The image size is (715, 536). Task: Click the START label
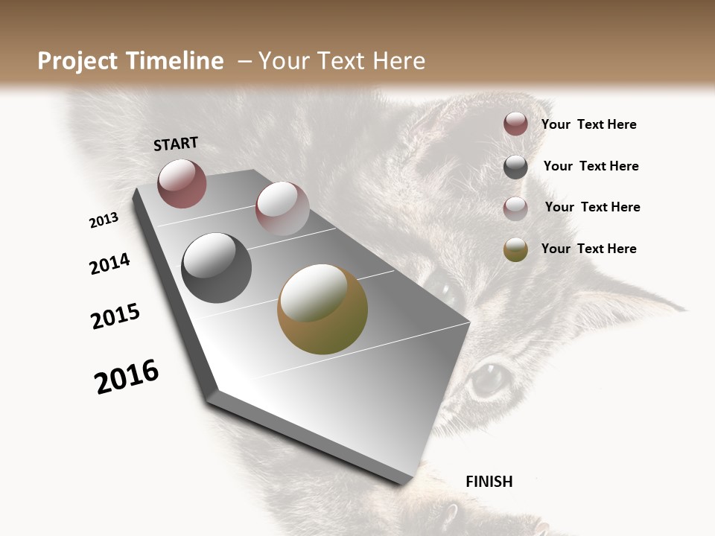click(176, 144)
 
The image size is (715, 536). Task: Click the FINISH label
click(489, 482)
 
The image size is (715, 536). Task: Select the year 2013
click(104, 220)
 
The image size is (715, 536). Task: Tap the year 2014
click(109, 264)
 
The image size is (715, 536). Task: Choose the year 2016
click(127, 377)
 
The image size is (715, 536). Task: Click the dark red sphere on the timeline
click(182, 184)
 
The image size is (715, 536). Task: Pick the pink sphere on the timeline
click(282, 208)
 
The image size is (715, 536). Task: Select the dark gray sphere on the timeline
click(216, 268)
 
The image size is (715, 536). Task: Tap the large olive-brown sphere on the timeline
click(322, 309)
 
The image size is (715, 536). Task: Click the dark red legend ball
click(515, 124)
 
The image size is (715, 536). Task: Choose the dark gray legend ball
click(515, 167)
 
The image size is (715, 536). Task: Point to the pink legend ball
click(515, 208)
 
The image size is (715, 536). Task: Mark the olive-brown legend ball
click(515, 249)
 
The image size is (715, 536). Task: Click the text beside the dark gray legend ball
click(591, 166)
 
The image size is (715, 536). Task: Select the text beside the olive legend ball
click(588, 249)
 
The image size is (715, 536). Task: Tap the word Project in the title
click(77, 61)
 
